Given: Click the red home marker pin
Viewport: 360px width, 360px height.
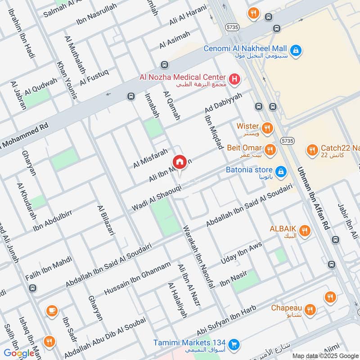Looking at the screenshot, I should point(179,162).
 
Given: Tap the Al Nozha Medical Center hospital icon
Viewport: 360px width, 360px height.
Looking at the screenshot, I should point(234,80).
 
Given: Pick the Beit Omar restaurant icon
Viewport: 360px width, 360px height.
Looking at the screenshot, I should point(270,150).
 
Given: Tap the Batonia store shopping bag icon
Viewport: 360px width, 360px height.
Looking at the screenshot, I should point(281,171).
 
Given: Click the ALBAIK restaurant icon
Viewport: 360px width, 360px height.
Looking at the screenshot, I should point(305,231).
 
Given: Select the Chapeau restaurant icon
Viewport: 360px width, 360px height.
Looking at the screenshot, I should point(309,310).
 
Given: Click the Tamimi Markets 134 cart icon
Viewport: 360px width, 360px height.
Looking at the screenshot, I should point(233,345).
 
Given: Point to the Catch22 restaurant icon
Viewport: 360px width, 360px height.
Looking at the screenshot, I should point(311,150).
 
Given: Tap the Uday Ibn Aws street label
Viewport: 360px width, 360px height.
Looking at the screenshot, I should point(241,254).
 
